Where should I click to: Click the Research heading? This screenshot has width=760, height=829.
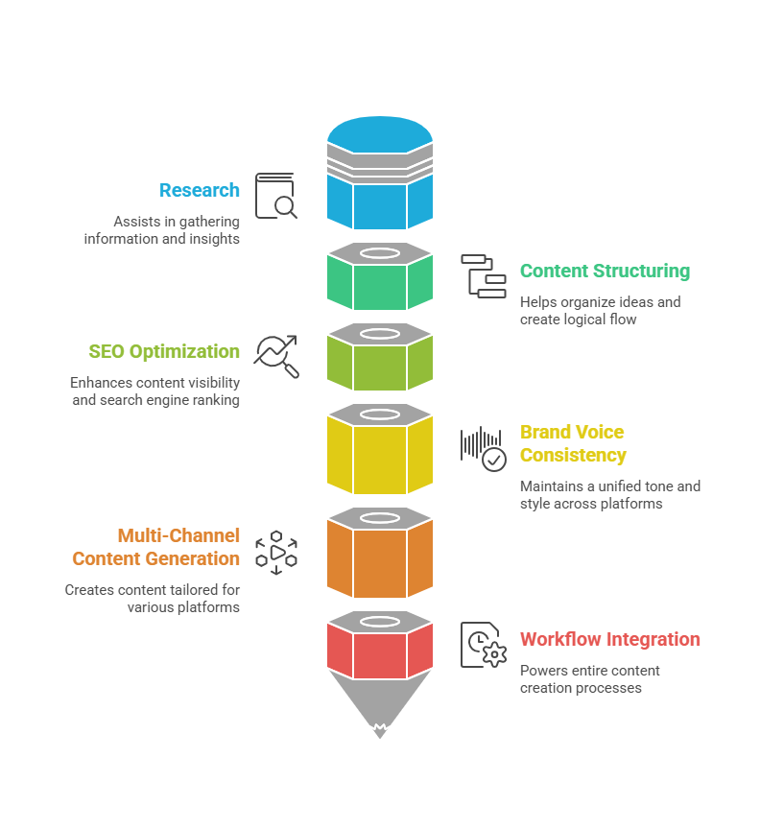[x=200, y=190]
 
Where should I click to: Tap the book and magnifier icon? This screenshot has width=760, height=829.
[x=275, y=196]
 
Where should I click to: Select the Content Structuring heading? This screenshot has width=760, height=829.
[x=605, y=271]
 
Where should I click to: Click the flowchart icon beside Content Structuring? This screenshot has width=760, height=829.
[x=483, y=276]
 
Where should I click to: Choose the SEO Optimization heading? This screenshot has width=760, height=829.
[x=164, y=351]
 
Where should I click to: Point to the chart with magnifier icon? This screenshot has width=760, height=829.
[x=276, y=356]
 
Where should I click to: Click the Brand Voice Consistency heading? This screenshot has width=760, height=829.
[x=573, y=443]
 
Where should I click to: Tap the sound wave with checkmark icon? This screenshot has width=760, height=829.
[x=483, y=448]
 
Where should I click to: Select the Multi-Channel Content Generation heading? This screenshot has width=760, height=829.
[x=155, y=547]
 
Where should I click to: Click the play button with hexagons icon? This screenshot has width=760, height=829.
[x=276, y=552]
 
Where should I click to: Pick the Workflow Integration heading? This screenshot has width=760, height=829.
[x=609, y=639]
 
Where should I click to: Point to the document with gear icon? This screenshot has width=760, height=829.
[x=483, y=645]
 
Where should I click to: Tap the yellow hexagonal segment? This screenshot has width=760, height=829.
[x=379, y=456]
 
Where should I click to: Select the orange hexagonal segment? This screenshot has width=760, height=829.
[x=379, y=560]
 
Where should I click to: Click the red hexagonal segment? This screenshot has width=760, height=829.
[x=379, y=653]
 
